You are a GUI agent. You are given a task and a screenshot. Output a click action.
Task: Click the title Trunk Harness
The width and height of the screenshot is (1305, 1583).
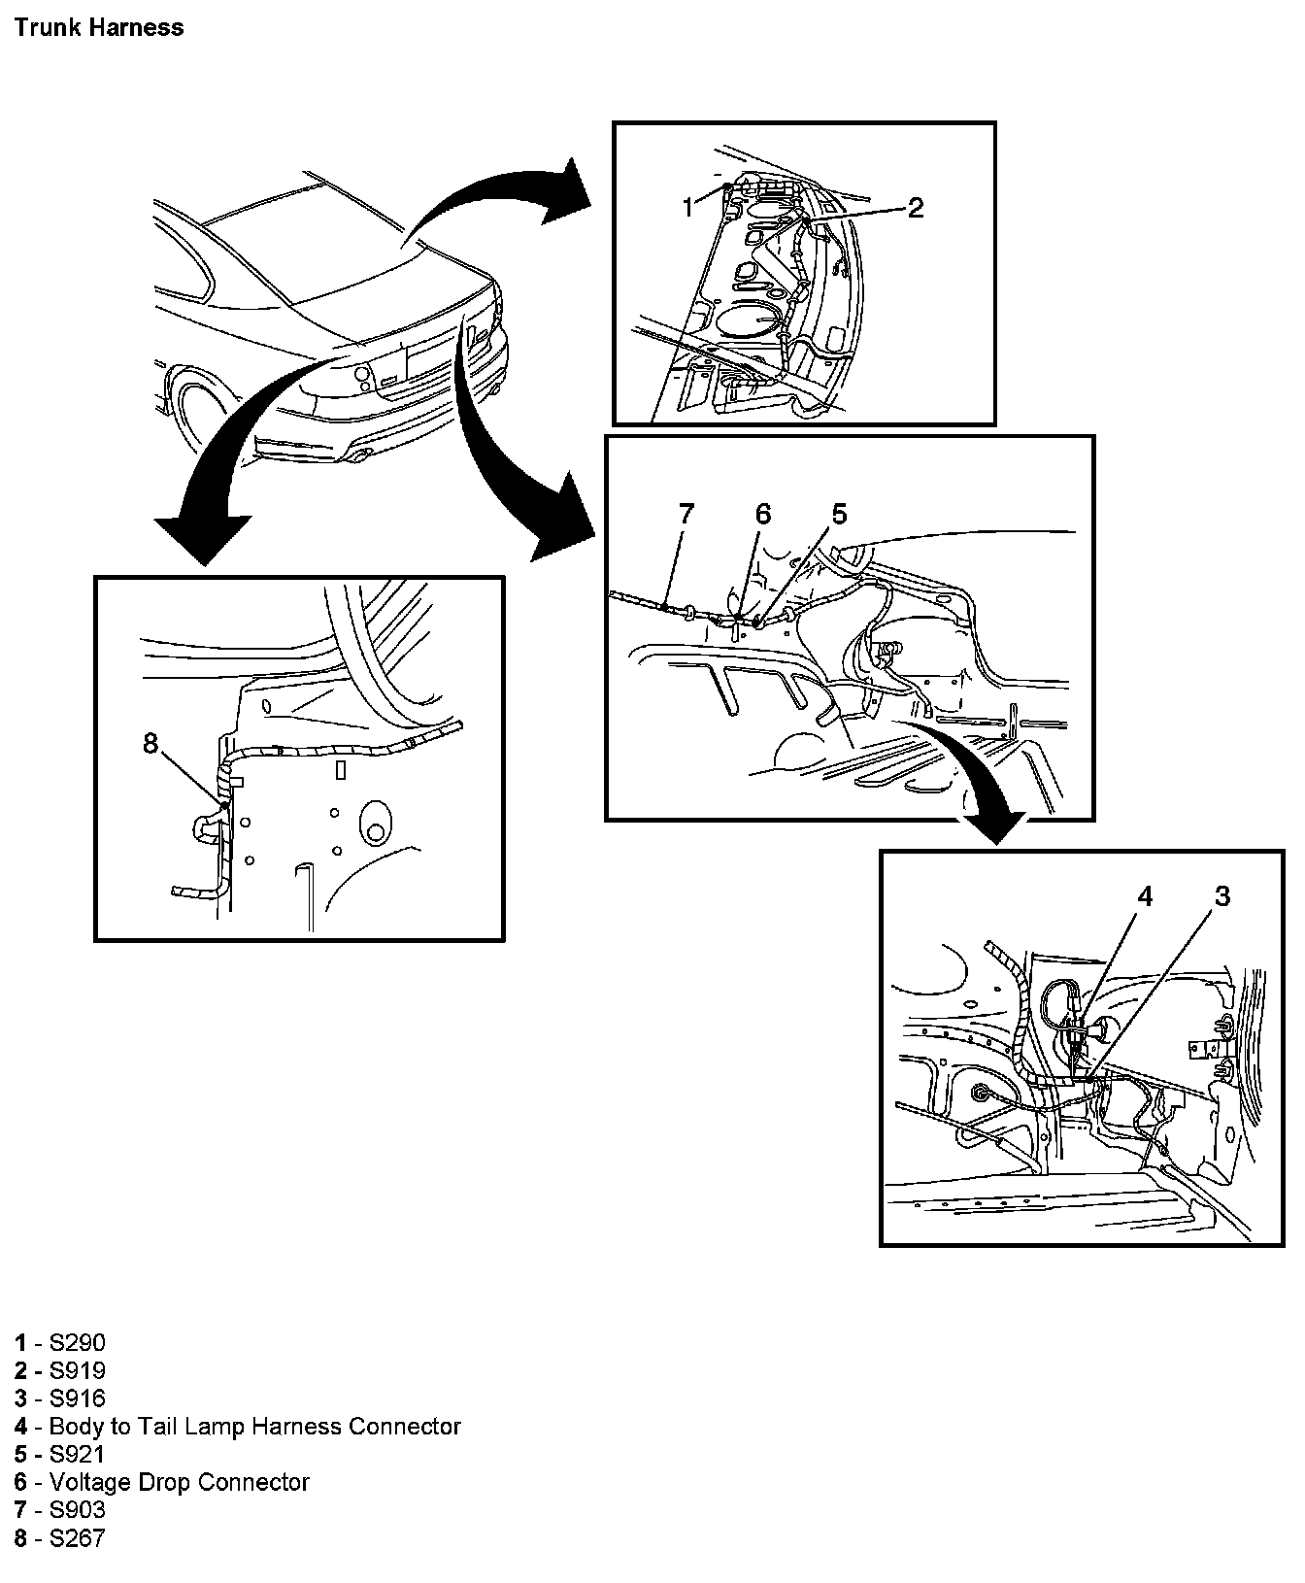(99, 27)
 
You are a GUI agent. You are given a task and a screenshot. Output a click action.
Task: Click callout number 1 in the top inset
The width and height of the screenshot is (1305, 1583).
(687, 207)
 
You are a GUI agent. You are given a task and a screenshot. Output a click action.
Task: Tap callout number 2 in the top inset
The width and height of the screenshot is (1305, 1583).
(915, 207)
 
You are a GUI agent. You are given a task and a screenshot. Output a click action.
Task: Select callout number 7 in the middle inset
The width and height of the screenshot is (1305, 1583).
(686, 514)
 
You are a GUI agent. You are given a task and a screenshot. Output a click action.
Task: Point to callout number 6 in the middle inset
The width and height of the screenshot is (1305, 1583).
(762, 514)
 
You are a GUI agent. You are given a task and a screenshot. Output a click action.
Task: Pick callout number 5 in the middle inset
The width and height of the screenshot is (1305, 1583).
(839, 514)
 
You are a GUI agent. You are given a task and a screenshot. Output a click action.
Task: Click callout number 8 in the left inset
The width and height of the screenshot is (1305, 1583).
(150, 744)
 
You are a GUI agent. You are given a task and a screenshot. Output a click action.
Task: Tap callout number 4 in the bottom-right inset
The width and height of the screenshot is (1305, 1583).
(1145, 896)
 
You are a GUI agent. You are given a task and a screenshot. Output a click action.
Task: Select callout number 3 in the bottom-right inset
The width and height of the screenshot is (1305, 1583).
(1222, 896)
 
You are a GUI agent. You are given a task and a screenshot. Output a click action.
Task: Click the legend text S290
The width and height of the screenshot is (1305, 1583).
(77, 1343)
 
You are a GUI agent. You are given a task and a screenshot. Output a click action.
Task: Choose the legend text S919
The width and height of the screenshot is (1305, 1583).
(77, 1371)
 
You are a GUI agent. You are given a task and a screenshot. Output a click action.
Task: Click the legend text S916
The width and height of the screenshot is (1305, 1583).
(77, 1398)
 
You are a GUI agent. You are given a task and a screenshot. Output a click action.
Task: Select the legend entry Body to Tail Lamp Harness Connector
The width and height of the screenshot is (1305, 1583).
(254, 1427)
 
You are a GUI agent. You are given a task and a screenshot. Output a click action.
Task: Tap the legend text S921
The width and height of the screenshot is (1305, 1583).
(77, 1455)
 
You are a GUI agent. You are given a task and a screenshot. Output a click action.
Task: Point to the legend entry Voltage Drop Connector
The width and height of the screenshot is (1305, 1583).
(179, 1483)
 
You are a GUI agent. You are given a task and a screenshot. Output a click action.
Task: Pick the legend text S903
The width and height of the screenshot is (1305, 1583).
(77, 1510)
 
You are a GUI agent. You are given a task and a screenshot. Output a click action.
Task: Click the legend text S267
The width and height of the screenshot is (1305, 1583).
(77, 1538)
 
